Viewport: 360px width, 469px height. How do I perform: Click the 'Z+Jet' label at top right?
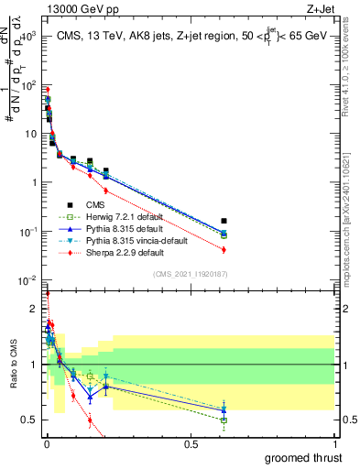[x=321, y=8]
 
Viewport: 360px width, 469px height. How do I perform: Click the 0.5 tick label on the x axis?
[x=191, y=444]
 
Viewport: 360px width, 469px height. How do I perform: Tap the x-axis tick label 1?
[x=335, y=444]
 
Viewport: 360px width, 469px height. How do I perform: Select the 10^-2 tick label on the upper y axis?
[x=27, y=279]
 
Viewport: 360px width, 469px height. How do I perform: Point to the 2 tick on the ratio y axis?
[x=35, y=310]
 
